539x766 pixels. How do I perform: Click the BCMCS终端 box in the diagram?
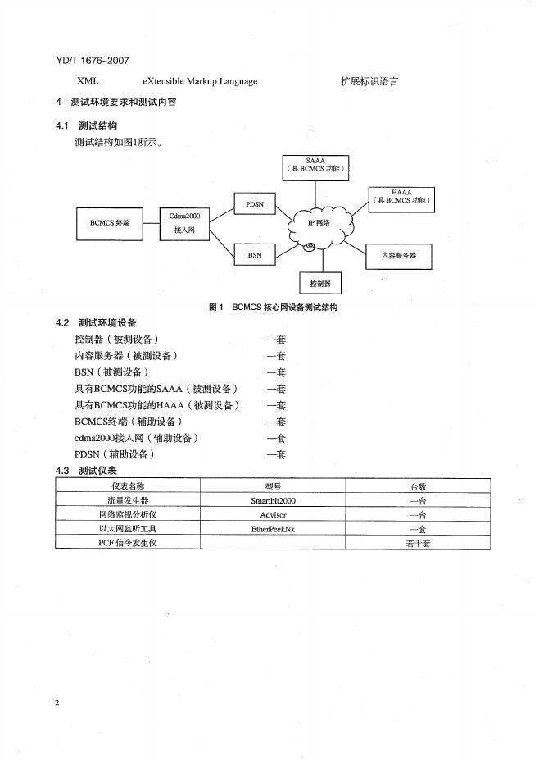click(110, 221)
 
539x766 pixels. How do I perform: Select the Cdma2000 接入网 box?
click(184, 223)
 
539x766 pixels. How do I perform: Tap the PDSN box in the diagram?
click(255, 203)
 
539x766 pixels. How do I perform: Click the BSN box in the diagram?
click(255, 255)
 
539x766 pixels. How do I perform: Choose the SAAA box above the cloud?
click(315, 168)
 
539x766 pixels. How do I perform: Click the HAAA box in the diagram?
click(401, 197)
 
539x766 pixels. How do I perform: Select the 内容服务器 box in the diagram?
click(399, 256)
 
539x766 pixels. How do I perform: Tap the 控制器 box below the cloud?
click(320, 283)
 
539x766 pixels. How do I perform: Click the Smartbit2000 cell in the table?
click(273, 499)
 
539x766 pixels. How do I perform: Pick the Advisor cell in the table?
click(273, 514)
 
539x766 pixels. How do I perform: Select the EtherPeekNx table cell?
click(273, 529)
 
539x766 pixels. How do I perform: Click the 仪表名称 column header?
click(128, 486)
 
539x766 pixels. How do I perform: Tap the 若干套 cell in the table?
click(417, 543)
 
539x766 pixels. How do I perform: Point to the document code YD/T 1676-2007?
click(93, 60)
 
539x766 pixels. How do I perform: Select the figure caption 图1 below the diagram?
click(273, 308)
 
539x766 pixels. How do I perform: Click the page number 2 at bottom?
click(57, 703)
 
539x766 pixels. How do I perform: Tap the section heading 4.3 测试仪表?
click(85, 471)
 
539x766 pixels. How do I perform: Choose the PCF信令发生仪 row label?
click(128, 543)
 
